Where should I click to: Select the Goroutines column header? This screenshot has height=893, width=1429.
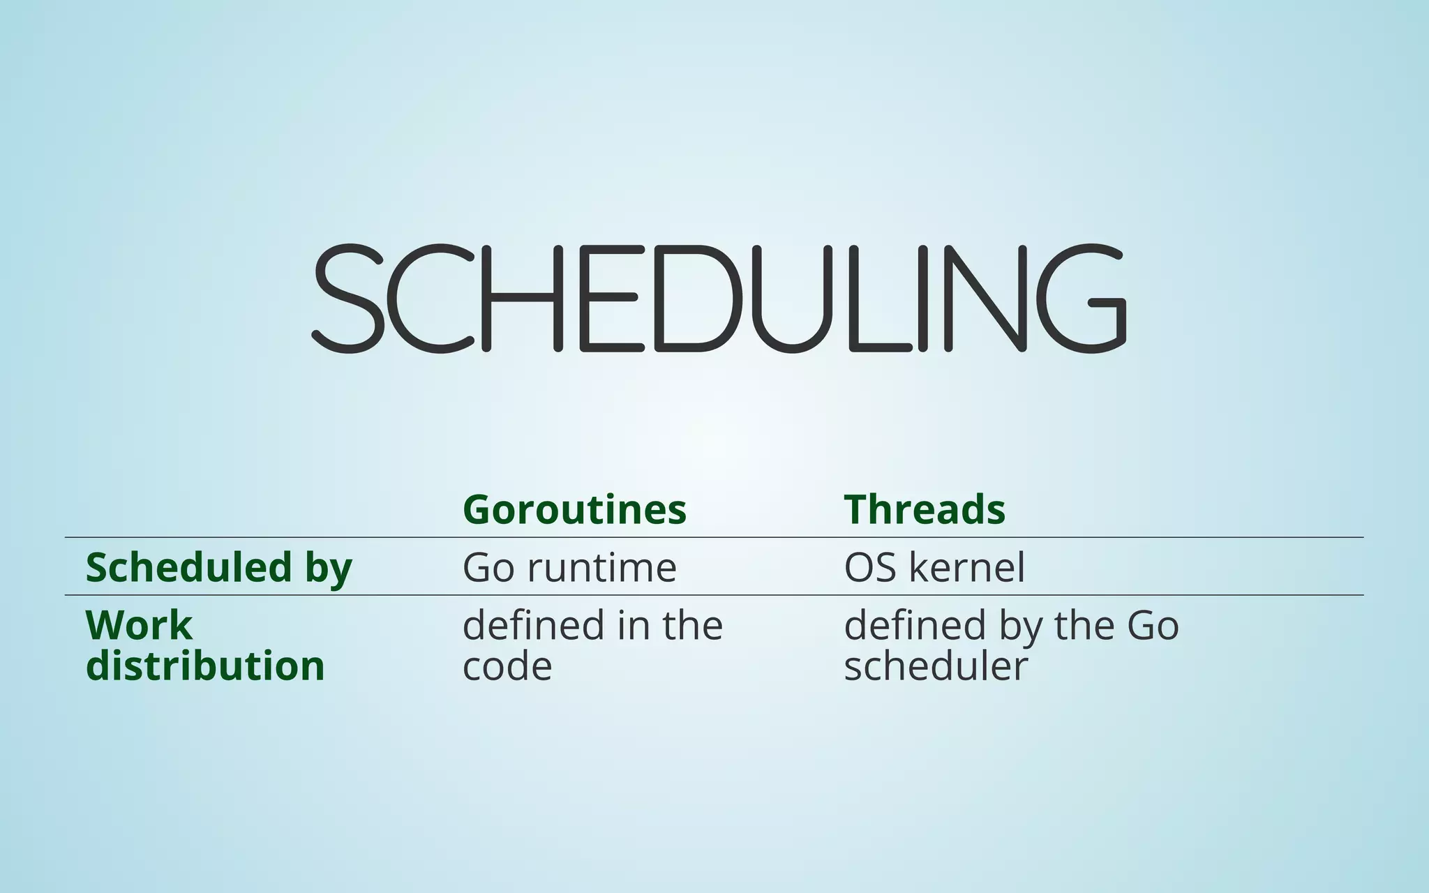(x=574, y=509)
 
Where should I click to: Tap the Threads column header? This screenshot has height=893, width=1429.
(x=925, y=509)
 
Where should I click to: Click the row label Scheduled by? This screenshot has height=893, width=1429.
(x=218, y=567)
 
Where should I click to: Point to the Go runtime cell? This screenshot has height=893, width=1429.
(x=569, y=567)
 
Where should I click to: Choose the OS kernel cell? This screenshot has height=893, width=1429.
(x=934, y=567)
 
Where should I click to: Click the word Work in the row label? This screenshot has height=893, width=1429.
(x=139, y=625)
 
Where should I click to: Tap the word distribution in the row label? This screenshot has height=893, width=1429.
(x=205, y=666)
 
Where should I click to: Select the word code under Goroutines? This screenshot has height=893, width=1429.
(x=507, y=666)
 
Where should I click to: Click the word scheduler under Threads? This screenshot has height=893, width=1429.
(x=936, y=666)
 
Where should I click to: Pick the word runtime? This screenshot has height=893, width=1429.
(x=601, y=567)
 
